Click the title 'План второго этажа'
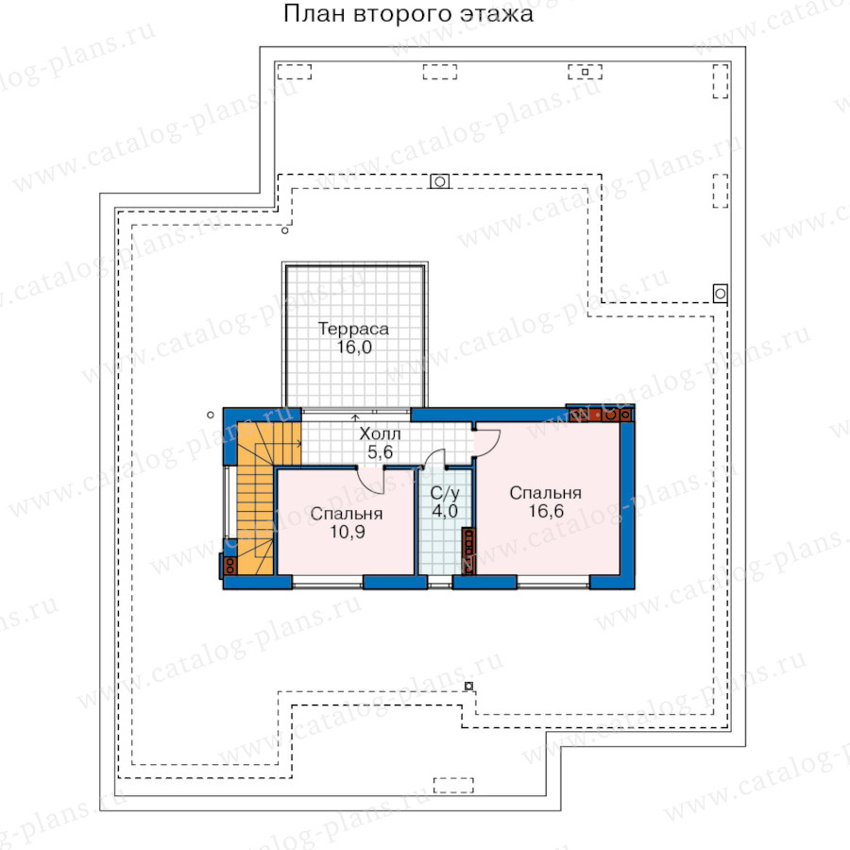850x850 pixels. pos(408,14)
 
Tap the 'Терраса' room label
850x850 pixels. pos(353,329)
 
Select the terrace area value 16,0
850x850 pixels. pos(354,348)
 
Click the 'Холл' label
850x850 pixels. pos(380,433)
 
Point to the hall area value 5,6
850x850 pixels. pos(380,451)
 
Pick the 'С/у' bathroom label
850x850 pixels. pos(445,493)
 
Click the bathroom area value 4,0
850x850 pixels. pos(445,511)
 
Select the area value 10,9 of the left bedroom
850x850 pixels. pos(348,532)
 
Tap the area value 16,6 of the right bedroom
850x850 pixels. pos(547,511)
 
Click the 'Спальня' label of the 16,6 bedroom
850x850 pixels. pos(545,493)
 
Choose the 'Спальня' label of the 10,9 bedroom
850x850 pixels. pos(347,514)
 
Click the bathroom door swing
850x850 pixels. pos(435,456)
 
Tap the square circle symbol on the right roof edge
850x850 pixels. pos(720,294)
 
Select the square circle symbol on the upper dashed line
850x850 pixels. pos(439,181)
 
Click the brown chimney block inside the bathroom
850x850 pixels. pos(468,551)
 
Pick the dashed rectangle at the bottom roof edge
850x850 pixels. pos(453,786)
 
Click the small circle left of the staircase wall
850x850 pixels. pos(211,416)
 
